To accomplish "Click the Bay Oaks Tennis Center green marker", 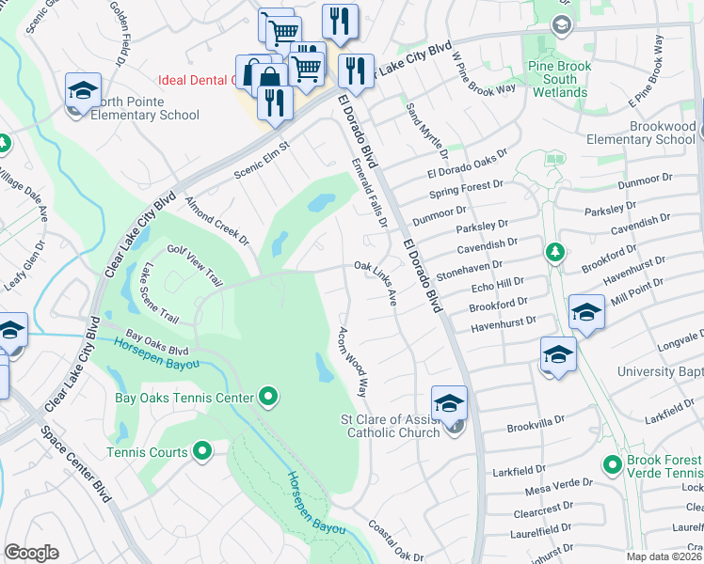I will click(268, 399).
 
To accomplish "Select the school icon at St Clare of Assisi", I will click(449, 402).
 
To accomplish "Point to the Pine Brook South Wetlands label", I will click(559, 80).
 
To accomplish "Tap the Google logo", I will click(31, 553).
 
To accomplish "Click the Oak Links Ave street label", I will click(376, 282).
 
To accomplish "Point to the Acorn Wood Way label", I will click(351, 361).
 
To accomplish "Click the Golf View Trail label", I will click(195, 266).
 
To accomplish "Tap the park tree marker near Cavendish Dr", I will click(555, 251).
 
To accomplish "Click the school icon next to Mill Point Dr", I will click(586, 312).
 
